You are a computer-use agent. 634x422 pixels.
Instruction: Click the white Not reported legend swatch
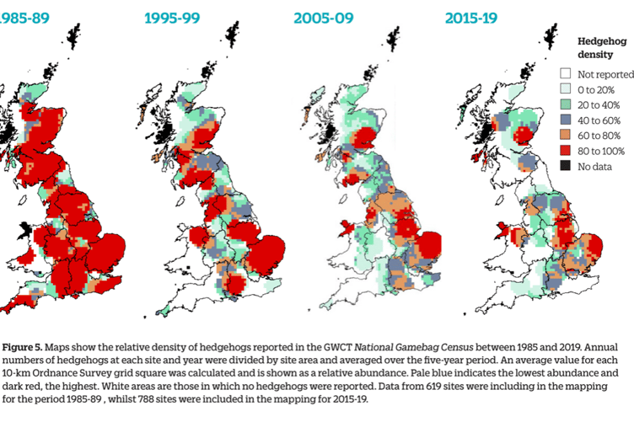pyautogui.click(x=567, y=74)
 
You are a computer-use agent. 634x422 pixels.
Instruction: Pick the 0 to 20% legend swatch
pyautogui.click(x=567, y=89)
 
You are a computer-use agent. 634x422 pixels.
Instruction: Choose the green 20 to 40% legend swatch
pyautogui.click(x=567, y=104)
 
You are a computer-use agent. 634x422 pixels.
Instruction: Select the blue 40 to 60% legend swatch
pyautogui.click(x=567, y=120)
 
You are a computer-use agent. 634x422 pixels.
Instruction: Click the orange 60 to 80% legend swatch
pyautogui.click(x=567, y=136)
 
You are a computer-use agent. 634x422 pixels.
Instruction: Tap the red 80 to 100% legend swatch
pyautogui.click(x=567, y=151)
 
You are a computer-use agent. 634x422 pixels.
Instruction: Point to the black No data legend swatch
pyautogui.click(x=567, y=167)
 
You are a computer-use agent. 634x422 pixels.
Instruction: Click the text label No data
pyautogui.click(x=595, y=167)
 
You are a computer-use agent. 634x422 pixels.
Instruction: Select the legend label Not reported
pyautogui.click(x=605, y=74)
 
